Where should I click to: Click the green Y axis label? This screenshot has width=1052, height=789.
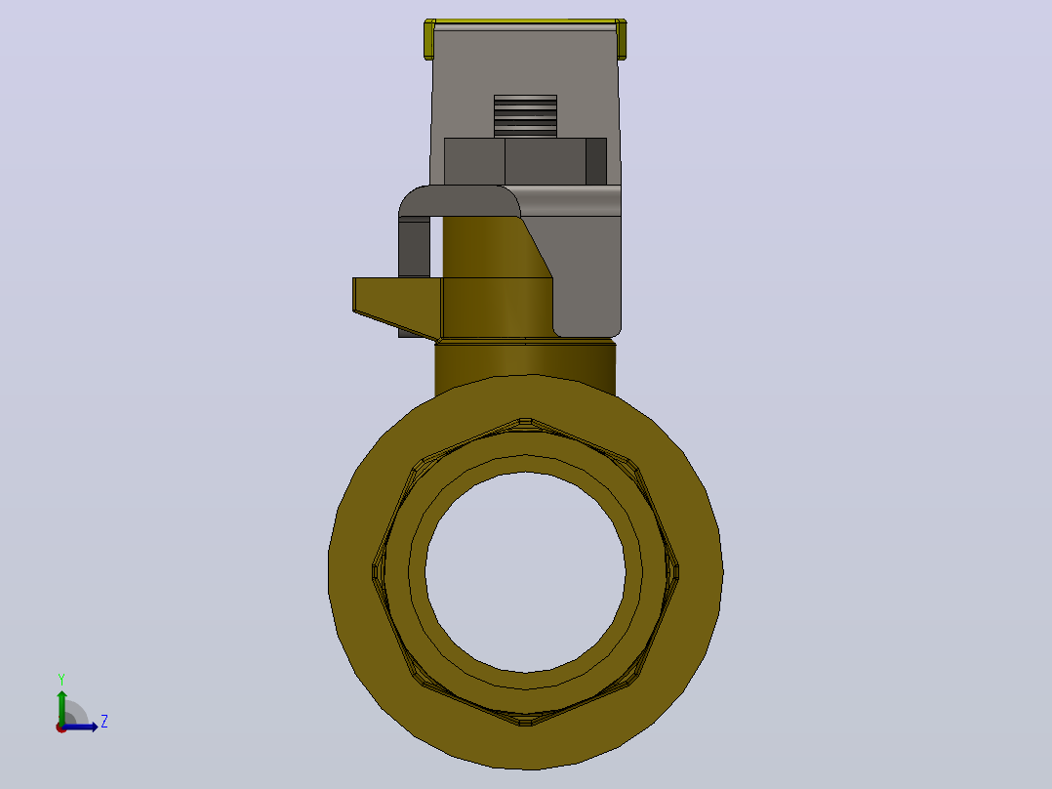[x=61, y=680]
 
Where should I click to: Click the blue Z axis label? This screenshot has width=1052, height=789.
[x=104, y=722]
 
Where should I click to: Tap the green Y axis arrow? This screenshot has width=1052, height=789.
[x=61, y=707]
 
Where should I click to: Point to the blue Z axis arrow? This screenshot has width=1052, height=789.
[x=80, y=727]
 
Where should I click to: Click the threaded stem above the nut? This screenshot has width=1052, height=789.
[x=525, y=116]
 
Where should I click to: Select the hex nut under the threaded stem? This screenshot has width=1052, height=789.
[x=525, y=161]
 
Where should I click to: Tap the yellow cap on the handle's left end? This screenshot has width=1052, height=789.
[x=429, y=40]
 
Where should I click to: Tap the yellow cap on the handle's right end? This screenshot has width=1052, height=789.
[x=622, y=40]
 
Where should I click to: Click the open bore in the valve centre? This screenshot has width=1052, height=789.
[x=525, y=572]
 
